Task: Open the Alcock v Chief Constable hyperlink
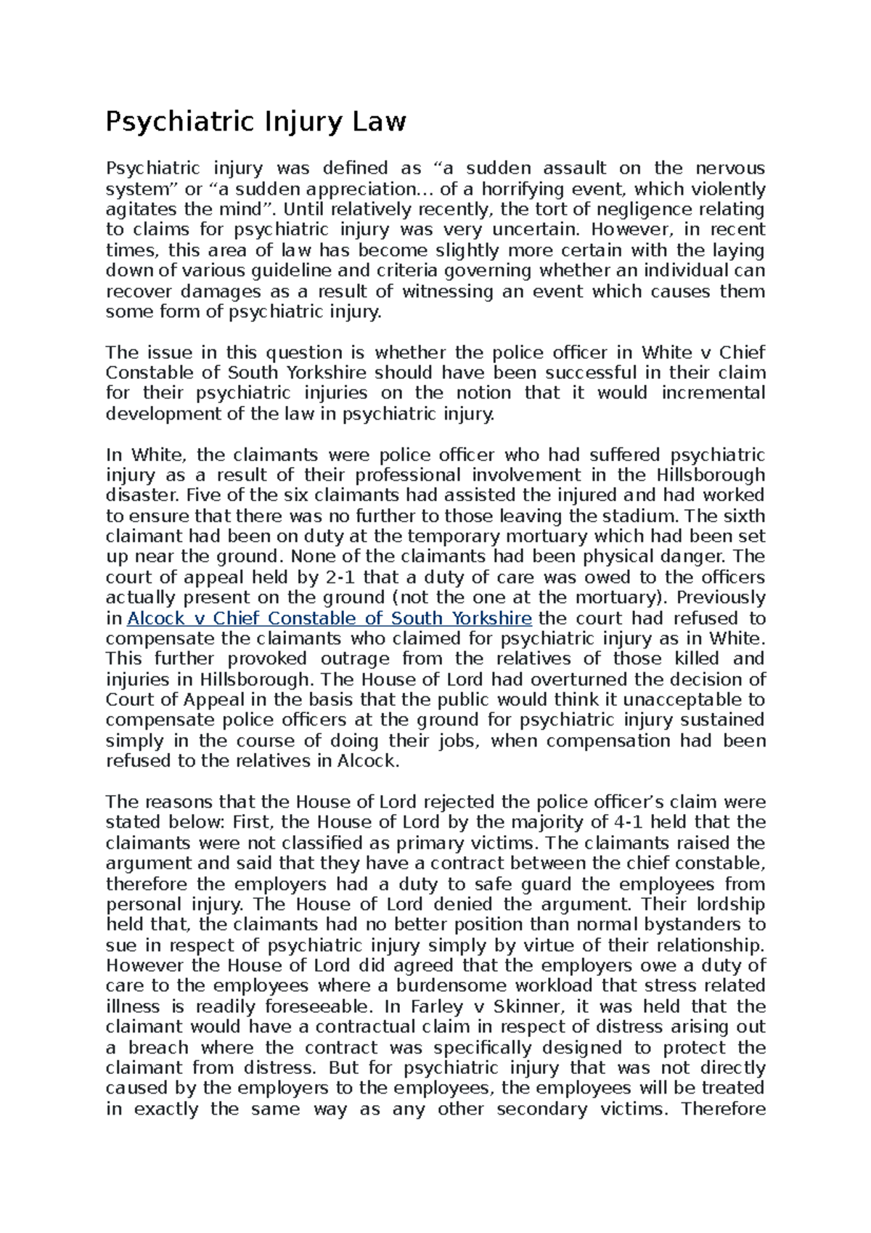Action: pos(330,619)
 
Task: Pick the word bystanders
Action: pos(685,924)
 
